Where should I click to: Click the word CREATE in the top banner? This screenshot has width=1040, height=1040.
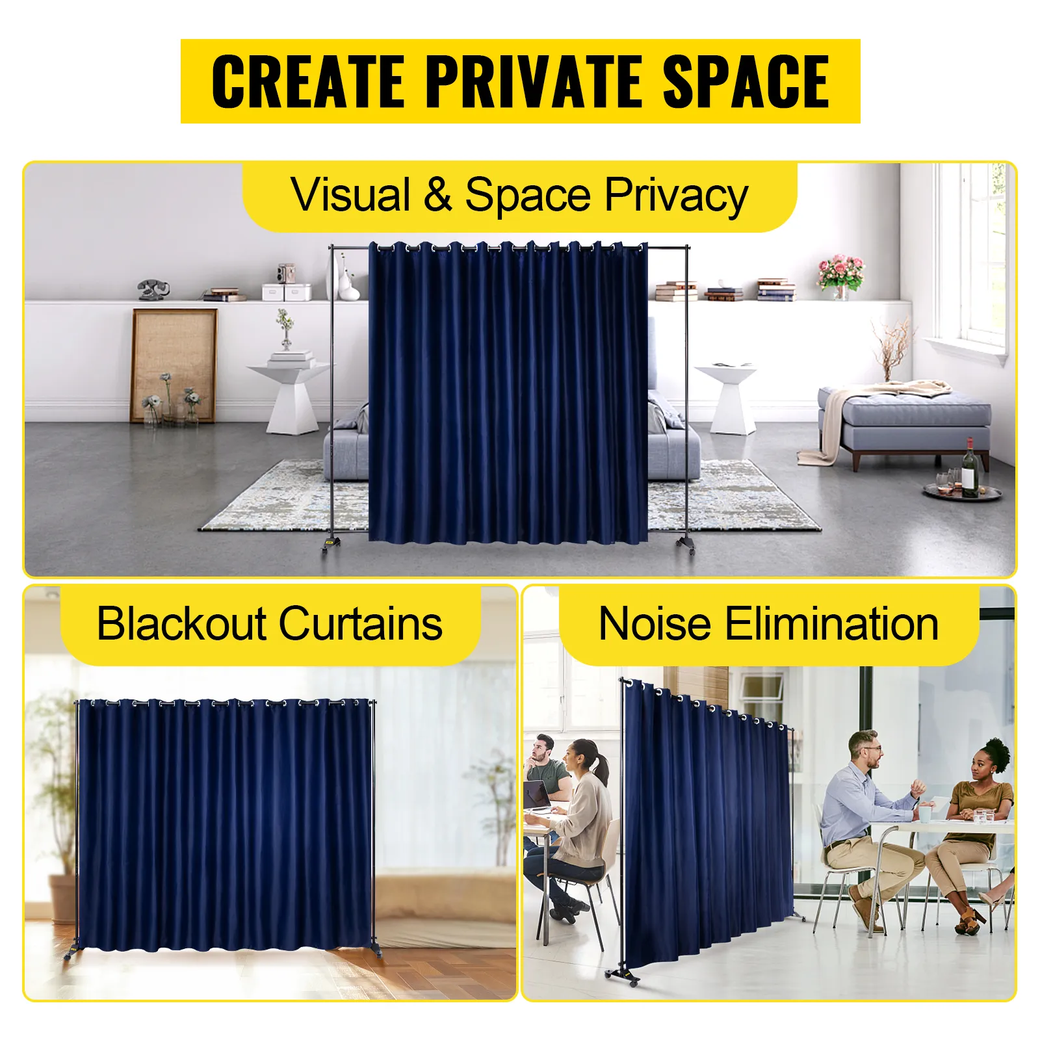[309, 81]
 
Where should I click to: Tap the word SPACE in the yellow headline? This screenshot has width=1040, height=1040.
[746, 81]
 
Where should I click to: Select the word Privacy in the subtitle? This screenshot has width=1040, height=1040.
[677, 196]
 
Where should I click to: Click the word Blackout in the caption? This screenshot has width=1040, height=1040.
[181, 623]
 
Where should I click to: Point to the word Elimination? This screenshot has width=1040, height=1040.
[831, 623]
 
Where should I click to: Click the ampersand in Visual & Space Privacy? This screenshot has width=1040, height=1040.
[437, 194]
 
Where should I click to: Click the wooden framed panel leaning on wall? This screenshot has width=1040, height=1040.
[174, 366]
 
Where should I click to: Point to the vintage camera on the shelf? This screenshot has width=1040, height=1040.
[286, 273]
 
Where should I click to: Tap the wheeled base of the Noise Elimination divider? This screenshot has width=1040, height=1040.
[623, 974]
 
